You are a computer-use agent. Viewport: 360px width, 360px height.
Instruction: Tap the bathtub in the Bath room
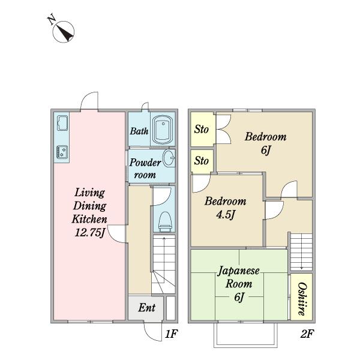click(x=163, y=130)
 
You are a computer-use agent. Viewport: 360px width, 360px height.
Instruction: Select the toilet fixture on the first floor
click(x=164, y=221)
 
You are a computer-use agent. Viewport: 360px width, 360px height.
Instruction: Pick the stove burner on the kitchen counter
click(x=62, y=151)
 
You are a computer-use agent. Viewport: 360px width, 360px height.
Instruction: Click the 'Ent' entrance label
click(x=147, y=308)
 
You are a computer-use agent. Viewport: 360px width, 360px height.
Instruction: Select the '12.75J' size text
click(x=89, y=232)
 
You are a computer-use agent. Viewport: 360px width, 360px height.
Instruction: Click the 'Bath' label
click(x=139, y=131)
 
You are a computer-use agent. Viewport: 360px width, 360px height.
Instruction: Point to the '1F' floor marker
click(x=171, y=333)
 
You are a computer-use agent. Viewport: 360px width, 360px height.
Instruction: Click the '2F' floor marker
click(x=307, y=333)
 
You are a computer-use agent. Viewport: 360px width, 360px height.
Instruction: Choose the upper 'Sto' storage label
click(x=202, y=129)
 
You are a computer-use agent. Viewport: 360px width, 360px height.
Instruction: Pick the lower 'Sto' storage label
click(x=202, y=161)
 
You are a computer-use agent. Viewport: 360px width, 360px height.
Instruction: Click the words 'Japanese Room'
click(x=239, y=277)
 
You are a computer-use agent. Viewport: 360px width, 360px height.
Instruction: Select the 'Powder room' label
click(x=145, y=169)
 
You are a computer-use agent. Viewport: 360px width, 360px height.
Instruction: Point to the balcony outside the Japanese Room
click(x=244, y=337)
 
